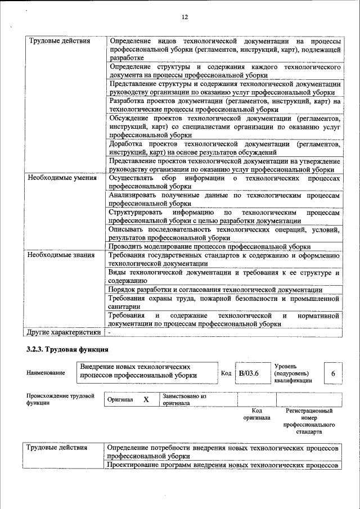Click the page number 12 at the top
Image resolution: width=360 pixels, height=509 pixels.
(184, 17)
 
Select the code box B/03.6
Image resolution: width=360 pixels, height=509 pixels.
(249, 373)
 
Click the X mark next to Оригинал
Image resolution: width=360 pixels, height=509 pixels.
(146, 399)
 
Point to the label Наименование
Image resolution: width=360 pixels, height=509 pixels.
(46, 373)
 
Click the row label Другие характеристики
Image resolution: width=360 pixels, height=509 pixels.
(64, 332)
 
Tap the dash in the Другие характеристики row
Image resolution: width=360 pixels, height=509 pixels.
(110, 332)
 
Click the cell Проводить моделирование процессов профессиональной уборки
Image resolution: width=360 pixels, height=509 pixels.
(210, 246)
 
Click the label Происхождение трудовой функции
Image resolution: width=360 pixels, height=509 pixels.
(60, 399)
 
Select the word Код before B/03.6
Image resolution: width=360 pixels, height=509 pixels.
(226, 373)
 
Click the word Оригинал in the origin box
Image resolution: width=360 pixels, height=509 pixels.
(120, 400)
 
